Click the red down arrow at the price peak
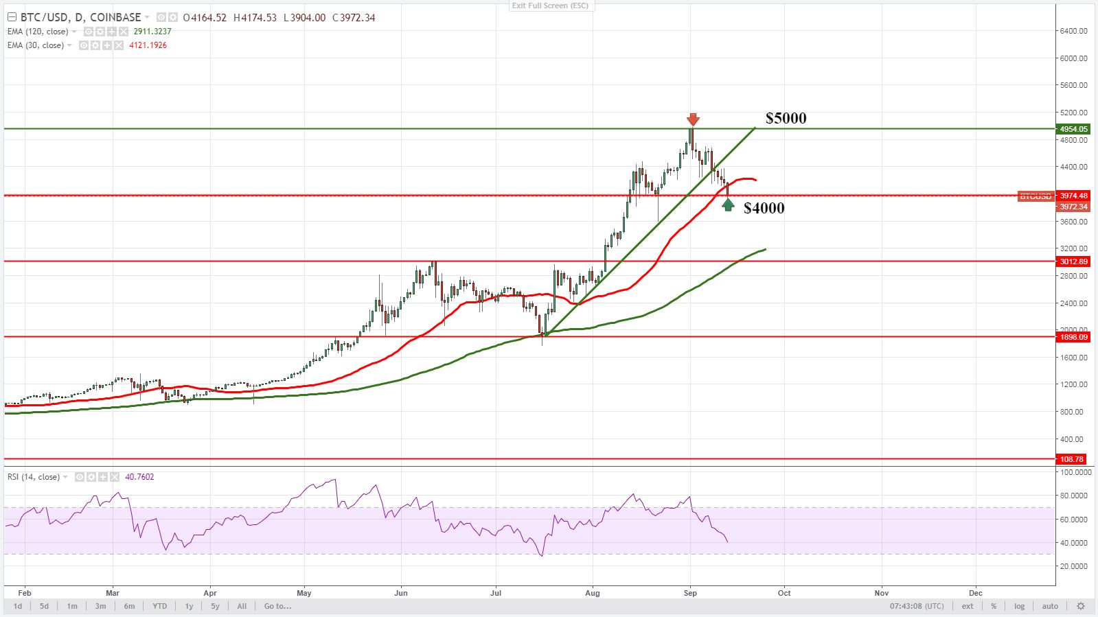coord(693,119)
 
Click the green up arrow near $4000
coord(728,205)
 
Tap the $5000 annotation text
coord(786,118)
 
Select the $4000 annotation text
coord(764,208)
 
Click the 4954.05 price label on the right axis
coord(1073,129)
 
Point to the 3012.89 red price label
coord(1073,261)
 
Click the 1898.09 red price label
coord(1073,337)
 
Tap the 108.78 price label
coord(1071,459)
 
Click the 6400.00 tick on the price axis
coord(1073,31)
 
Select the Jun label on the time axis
coord(401,593)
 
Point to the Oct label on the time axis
coord(784,593)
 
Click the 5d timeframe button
coord(44,606)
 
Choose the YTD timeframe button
coord(159,606)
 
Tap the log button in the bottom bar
coord(1019,606)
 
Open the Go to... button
coord(277,606)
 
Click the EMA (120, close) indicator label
coord(38,32)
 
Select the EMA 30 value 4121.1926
coord(148,45)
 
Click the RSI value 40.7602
coord(140,477)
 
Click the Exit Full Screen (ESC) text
coord(550,5)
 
